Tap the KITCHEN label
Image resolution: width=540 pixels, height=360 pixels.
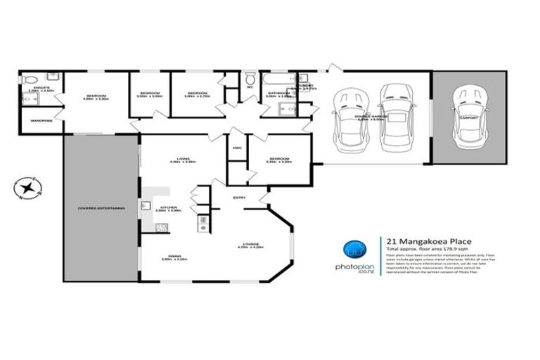pyautogui.click(x=169, y=207)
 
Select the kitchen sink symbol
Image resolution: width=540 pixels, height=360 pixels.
pyautogui.click(x=146, y=206)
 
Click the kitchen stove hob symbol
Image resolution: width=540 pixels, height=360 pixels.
pyautogui.click(x=161, y=227)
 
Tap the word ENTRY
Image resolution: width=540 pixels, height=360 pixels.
pyautogui.click(x=238, y=197)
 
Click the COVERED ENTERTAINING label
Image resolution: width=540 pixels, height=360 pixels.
pyautogui.click(x=102, y=209)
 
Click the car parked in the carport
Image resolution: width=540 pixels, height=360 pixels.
pyautogui.click(x=466, y=113)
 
